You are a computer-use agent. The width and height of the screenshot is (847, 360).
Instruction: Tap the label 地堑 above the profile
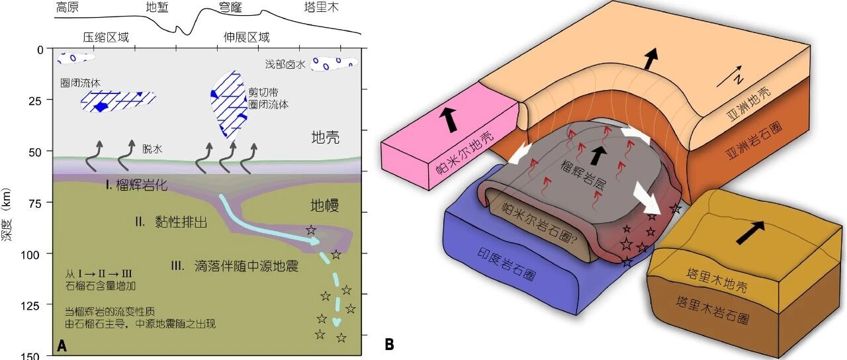click(x=157, y=7)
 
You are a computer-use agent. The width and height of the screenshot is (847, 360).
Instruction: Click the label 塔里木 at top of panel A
click(x=322, y=7)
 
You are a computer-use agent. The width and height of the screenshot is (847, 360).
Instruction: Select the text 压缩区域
click(x=106, y=37)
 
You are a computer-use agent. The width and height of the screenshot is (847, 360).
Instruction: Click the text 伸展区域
click(x=247, y=37)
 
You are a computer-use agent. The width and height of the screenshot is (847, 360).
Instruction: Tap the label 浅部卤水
click(x=285, y=64)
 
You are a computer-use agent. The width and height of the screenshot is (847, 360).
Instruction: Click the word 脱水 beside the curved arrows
click(x=152, y=149)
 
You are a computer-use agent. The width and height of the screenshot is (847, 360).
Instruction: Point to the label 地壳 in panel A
click(x=325, y=137)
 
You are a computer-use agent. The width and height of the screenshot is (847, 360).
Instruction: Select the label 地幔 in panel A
click(x=324, y=205)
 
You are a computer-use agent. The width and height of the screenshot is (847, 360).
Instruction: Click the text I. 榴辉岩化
click(x=136, y=185)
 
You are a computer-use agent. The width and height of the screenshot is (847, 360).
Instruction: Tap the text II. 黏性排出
click(x=171, y=222)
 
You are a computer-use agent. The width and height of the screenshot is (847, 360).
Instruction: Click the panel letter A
click(x=62, y=345)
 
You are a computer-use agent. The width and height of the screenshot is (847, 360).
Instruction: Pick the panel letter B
click(x=389, y=345)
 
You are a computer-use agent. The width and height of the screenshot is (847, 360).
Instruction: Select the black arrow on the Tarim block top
click(x=750, y=232)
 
